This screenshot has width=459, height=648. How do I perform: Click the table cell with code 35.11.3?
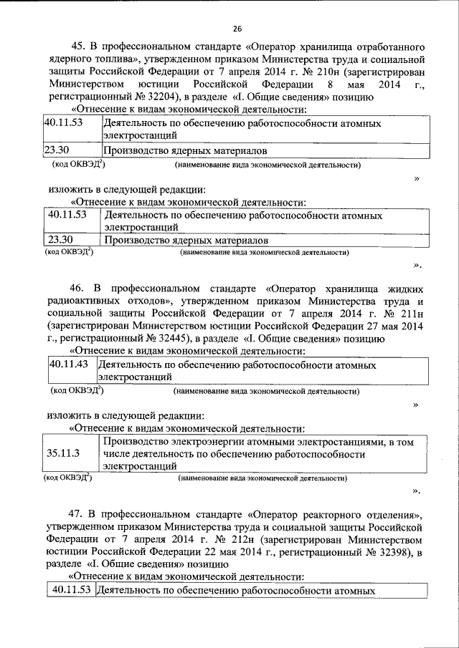(63, 453)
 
